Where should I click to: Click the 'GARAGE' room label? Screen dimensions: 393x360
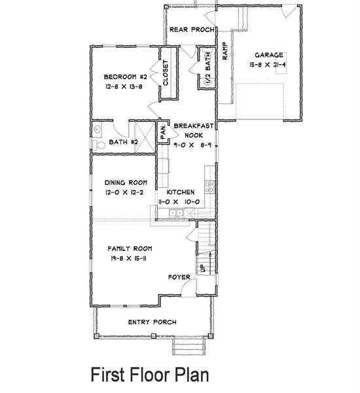(269, 56)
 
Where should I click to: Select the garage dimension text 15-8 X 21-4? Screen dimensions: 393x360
(269, 65)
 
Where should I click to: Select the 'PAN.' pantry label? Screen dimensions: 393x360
(164, 133)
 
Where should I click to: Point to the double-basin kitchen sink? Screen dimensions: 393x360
(177, 214)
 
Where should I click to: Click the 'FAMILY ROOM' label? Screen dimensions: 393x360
(130, 249)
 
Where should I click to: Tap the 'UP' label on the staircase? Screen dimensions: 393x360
(202, 267)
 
